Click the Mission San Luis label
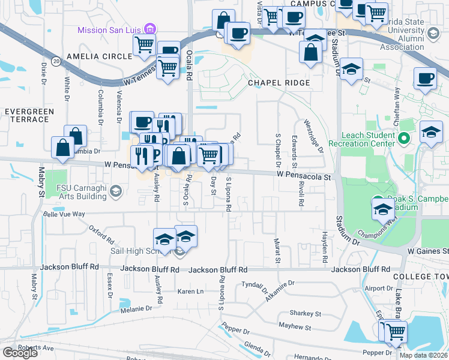(112, 29)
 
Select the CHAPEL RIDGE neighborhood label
(279, 82)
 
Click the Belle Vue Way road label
(63, 214)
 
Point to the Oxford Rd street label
(100, 234)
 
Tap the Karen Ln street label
(190, 291)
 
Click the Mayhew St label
(295, 327)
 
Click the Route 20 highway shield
(56, 61)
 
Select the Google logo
(20, 352)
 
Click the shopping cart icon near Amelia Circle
(144, 44)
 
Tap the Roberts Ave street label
(36, 347)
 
